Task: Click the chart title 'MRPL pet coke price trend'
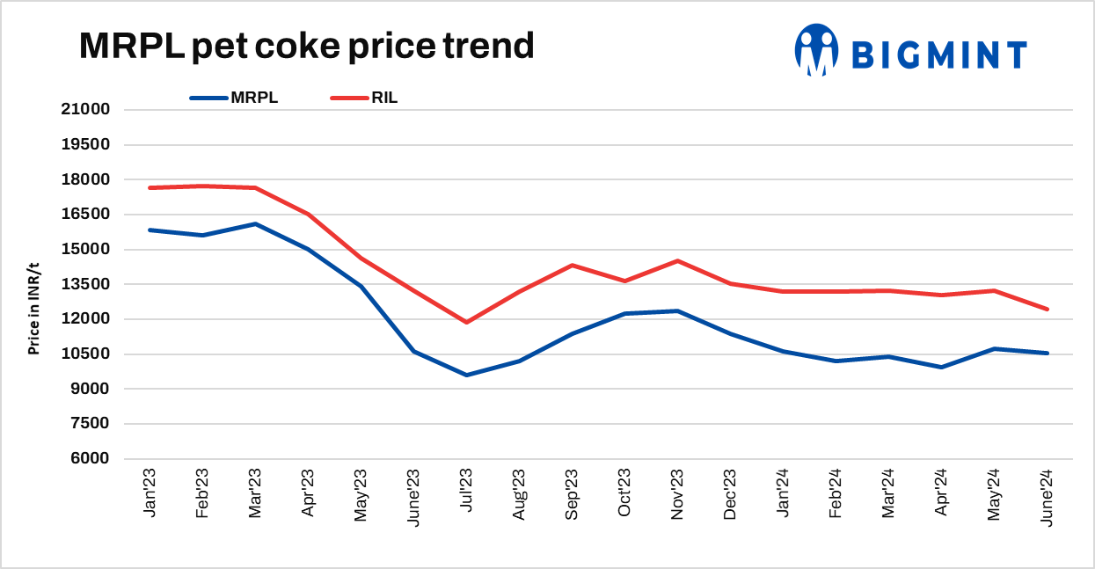[x=306, y=46]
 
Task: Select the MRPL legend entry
[x=234, y=98]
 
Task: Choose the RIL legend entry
[x=364, y=98]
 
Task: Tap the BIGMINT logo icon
[x=815, y=49]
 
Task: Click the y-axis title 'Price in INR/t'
[x=33, y=308]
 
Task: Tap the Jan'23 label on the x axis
[x=150, y=495]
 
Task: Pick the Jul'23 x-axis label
[x=466, y=495]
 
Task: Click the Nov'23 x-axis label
[x=677, y=495]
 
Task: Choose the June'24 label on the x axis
[x=1047, y=497]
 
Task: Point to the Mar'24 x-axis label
[x=888, y=495]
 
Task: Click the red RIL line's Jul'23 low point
[x=466, y=322]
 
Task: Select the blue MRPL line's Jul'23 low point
[x=466, y=375]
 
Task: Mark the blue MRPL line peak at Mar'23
[x=255, y=223]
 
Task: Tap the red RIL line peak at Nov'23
[x=677, y=260]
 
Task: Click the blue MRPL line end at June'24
[x=1047, y=353]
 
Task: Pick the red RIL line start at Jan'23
[x=150, y=187]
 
